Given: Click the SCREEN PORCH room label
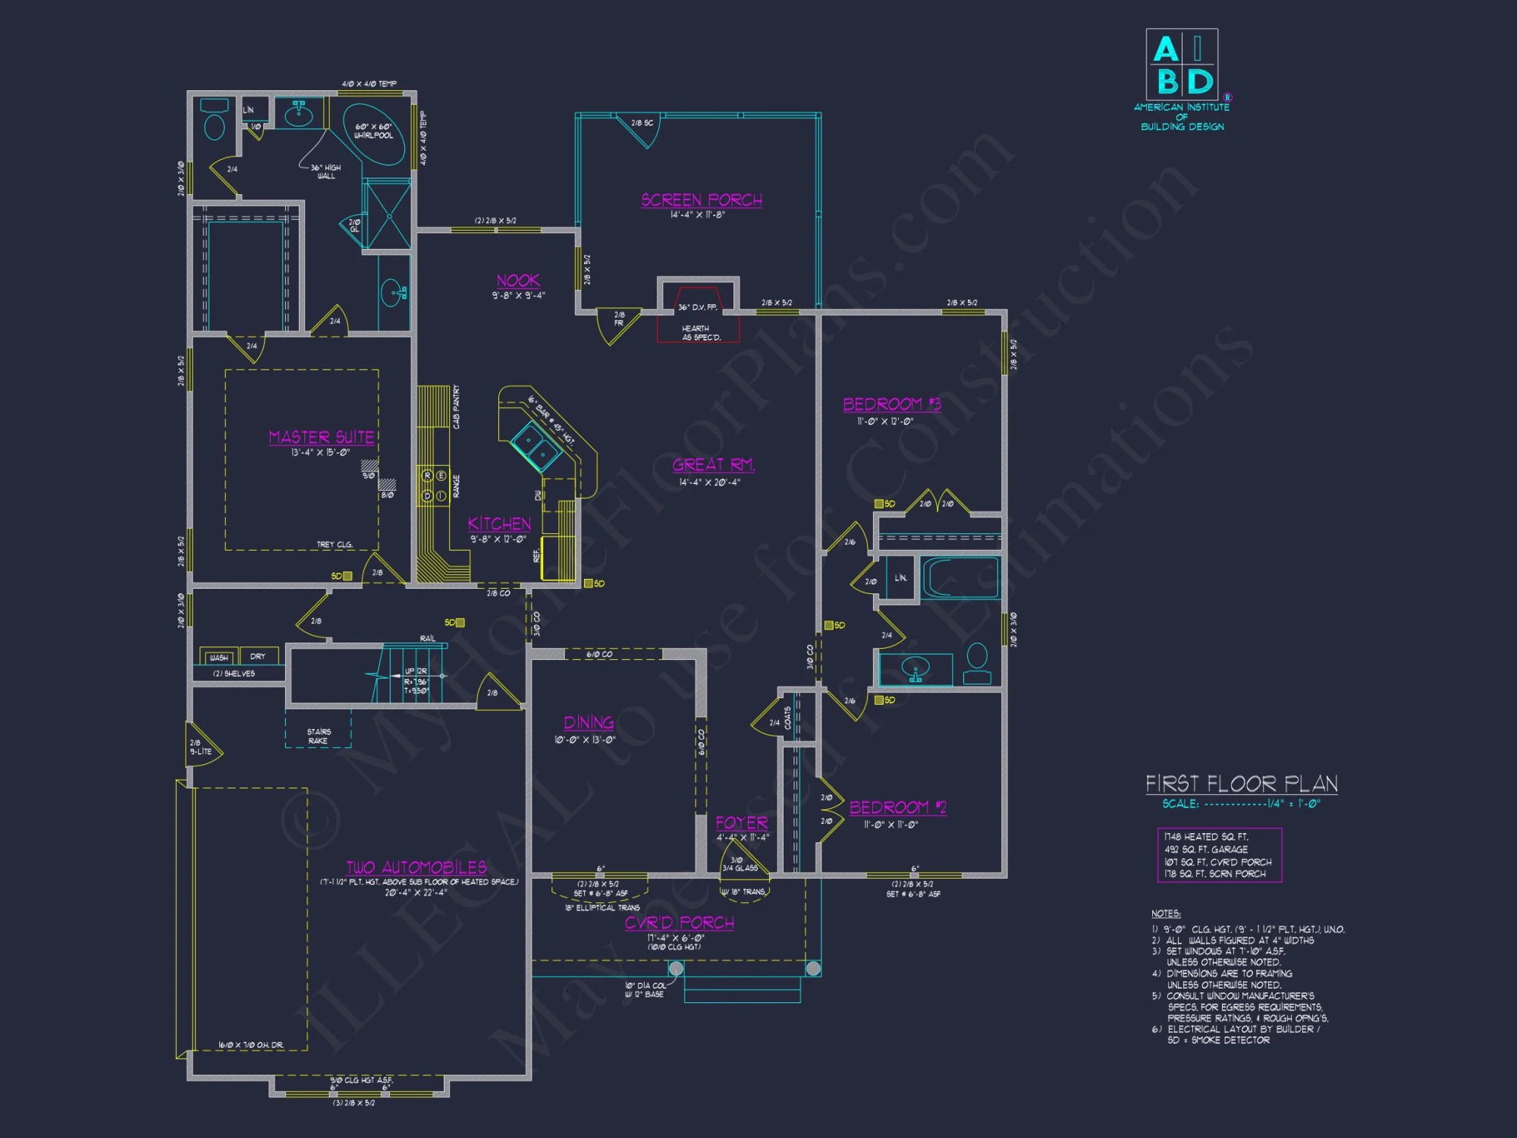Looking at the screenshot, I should [x=702, y=200].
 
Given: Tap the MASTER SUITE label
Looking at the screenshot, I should [x=321, y=438].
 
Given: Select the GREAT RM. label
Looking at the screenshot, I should [x=713, y=465].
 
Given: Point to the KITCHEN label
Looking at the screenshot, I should [x=499, y=524].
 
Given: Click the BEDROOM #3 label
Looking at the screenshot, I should [x=892, y=404].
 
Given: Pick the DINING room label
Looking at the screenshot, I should [x=589, y=723].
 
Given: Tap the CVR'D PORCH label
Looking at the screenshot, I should [x=680, y=923].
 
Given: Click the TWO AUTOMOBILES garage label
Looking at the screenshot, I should [x=416, y=868].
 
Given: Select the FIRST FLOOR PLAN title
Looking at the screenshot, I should [x=1241, y=784].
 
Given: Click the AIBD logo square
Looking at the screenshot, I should [x=1182, y=64].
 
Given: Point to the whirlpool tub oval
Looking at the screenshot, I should [x=374, y=134].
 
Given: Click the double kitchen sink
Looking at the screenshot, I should [x=537, y=446].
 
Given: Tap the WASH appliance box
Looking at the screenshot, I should [x=218, y=657].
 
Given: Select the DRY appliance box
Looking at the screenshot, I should [x=258, y=656].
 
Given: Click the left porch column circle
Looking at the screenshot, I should [x=676, y=969].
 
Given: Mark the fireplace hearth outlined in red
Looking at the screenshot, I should [x=698, y=332].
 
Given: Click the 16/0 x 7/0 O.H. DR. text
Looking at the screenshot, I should [x=251, y=1045].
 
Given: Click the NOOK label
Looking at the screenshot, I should [x=518, y=281].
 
